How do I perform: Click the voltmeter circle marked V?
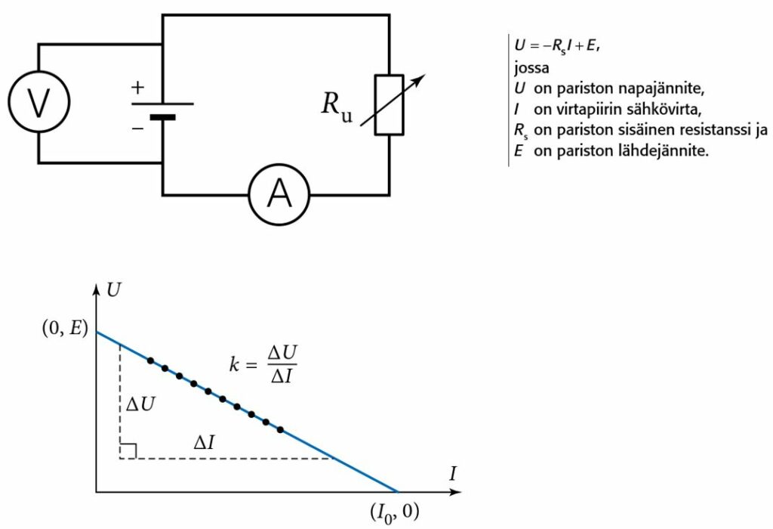coord(38,103)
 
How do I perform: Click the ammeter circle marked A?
coord(280,195)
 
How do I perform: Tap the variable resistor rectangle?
coord(390,105)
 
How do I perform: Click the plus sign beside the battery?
coord(137,87)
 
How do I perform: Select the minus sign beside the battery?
coord(137,128)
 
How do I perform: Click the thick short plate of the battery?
coord(162,117)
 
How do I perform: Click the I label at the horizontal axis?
coord(453,475)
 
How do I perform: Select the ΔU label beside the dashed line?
coord(141,404)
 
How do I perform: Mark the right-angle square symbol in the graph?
coord(128,451)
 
